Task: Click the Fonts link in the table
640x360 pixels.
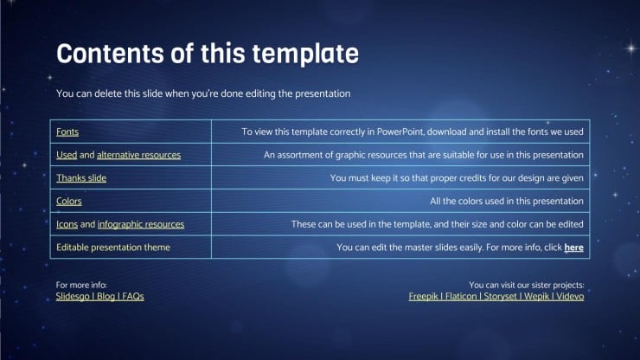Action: click(x=67, y=132)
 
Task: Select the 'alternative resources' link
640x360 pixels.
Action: click(x=138, y=155)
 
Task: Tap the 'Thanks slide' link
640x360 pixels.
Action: click(x=81, y=178)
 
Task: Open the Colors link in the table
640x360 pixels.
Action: click(x=69, y=202)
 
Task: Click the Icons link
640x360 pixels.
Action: click(x=67, y=224)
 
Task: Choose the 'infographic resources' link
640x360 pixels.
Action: click(x=141, y=225)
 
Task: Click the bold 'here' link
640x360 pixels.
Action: click(x=573, y=247)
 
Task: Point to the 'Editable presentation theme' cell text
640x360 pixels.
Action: click(x=113, y=247)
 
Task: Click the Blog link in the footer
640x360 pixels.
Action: click(x=106, y=297)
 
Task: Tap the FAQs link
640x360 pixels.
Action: click(x=133, y=297)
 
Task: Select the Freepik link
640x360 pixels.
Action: click(x=423, y=297)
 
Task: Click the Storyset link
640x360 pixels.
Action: click(x=501, y=297)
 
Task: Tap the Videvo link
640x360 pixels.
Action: click(x=570, y=297)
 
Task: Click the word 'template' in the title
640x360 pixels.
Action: click(x=305, y=54)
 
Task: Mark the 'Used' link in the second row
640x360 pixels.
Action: click(x=67, y=155)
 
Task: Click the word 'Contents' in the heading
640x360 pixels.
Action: click(x=110, y=54)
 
